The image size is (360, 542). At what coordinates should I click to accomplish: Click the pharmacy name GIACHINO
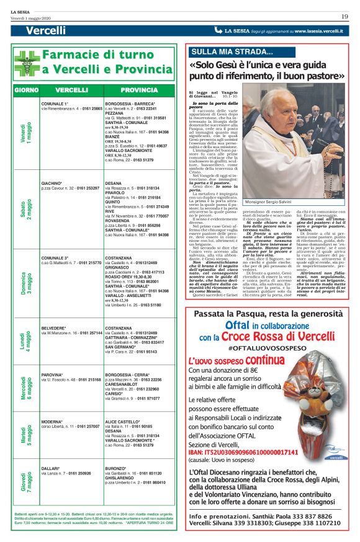tap(52, 166)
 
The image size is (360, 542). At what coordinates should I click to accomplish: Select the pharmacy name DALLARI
tap(51, 468)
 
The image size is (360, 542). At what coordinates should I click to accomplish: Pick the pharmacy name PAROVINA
tap(52, 375)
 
